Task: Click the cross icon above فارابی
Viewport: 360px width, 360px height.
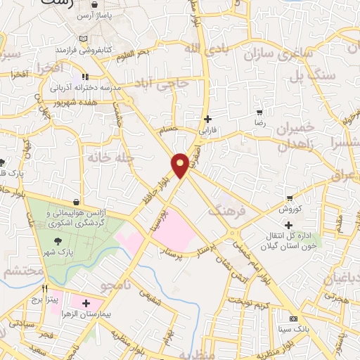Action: click(207, 119)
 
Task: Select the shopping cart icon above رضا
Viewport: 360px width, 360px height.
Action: click(259, 112)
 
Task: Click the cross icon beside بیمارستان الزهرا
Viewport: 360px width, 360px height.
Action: click(86, 304)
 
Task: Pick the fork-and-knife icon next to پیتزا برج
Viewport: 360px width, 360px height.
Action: click(44, 288)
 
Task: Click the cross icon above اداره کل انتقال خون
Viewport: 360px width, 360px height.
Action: click(288, 224)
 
